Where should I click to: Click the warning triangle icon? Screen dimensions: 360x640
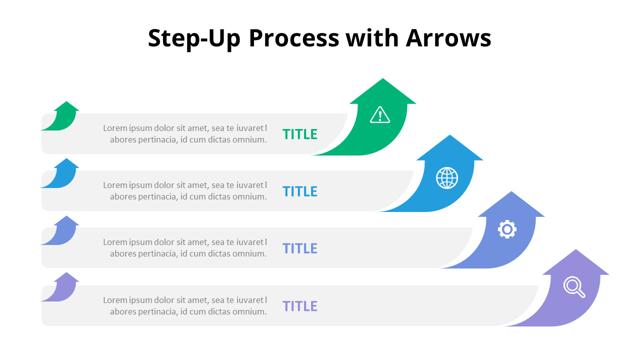coord(380,114)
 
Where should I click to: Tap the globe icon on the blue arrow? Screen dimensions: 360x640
coord(447,178)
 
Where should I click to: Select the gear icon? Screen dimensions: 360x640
coord(507,229)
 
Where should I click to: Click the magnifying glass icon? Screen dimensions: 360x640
coord(574,287)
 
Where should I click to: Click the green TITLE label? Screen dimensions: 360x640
coord(300,134)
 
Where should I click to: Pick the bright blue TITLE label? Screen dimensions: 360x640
coord(300,191)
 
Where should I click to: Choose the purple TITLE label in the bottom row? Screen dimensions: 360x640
coord(300,306)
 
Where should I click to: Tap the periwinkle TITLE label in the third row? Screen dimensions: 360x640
coord(300,248)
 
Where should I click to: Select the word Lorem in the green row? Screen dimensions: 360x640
coord(114,128)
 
